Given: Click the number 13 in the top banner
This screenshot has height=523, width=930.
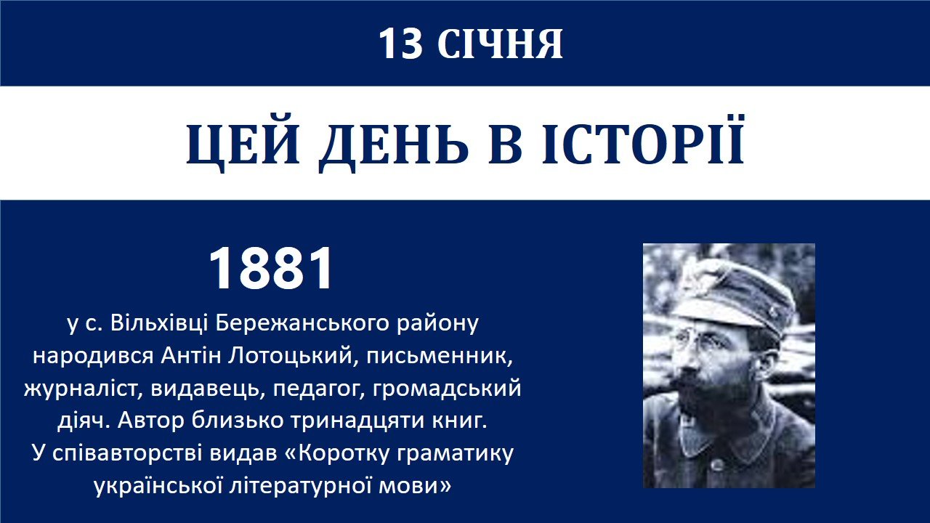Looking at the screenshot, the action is (x=400, y=44).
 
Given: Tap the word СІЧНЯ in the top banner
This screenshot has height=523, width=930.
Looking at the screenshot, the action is (x=500, y=44).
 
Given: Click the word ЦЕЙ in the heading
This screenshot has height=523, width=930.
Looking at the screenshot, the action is (x=243, y=144).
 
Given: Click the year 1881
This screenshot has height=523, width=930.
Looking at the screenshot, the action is (x=271, y=268).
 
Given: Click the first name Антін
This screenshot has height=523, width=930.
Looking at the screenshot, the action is (x=191, y=356).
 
